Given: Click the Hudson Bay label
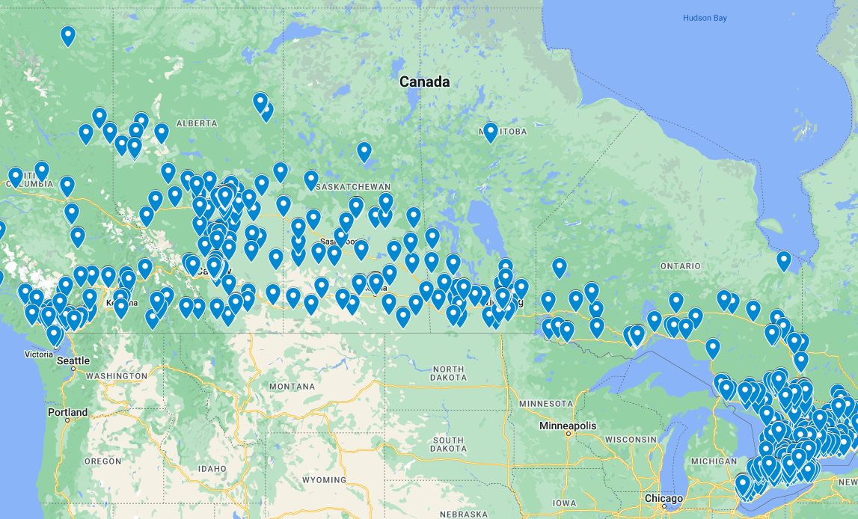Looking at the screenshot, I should coord(704,18).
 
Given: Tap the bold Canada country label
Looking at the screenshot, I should coord(424,82).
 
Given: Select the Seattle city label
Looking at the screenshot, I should coord(73,360).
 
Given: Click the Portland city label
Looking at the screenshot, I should coord(67,412).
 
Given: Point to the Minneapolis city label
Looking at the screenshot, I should coord(568,426).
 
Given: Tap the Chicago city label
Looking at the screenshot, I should coord(664,498).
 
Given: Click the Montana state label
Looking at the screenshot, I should coord(292,387).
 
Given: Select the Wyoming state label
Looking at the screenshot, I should coord(325,480).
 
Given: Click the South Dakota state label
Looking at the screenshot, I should coord(448,445).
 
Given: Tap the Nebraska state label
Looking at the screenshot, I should coord(464,514).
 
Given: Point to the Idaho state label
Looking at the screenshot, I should coord(213,468).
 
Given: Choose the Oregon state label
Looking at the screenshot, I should coord(102,461).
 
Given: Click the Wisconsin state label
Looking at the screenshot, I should coord(630,439).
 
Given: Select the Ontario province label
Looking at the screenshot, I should coord(680,266).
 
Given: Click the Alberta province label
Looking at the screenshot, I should coord(197,123).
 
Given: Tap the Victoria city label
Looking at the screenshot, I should coord(39,354).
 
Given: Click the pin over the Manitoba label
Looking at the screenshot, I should coord(490,132).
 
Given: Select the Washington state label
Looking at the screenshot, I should coord(116,375).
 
